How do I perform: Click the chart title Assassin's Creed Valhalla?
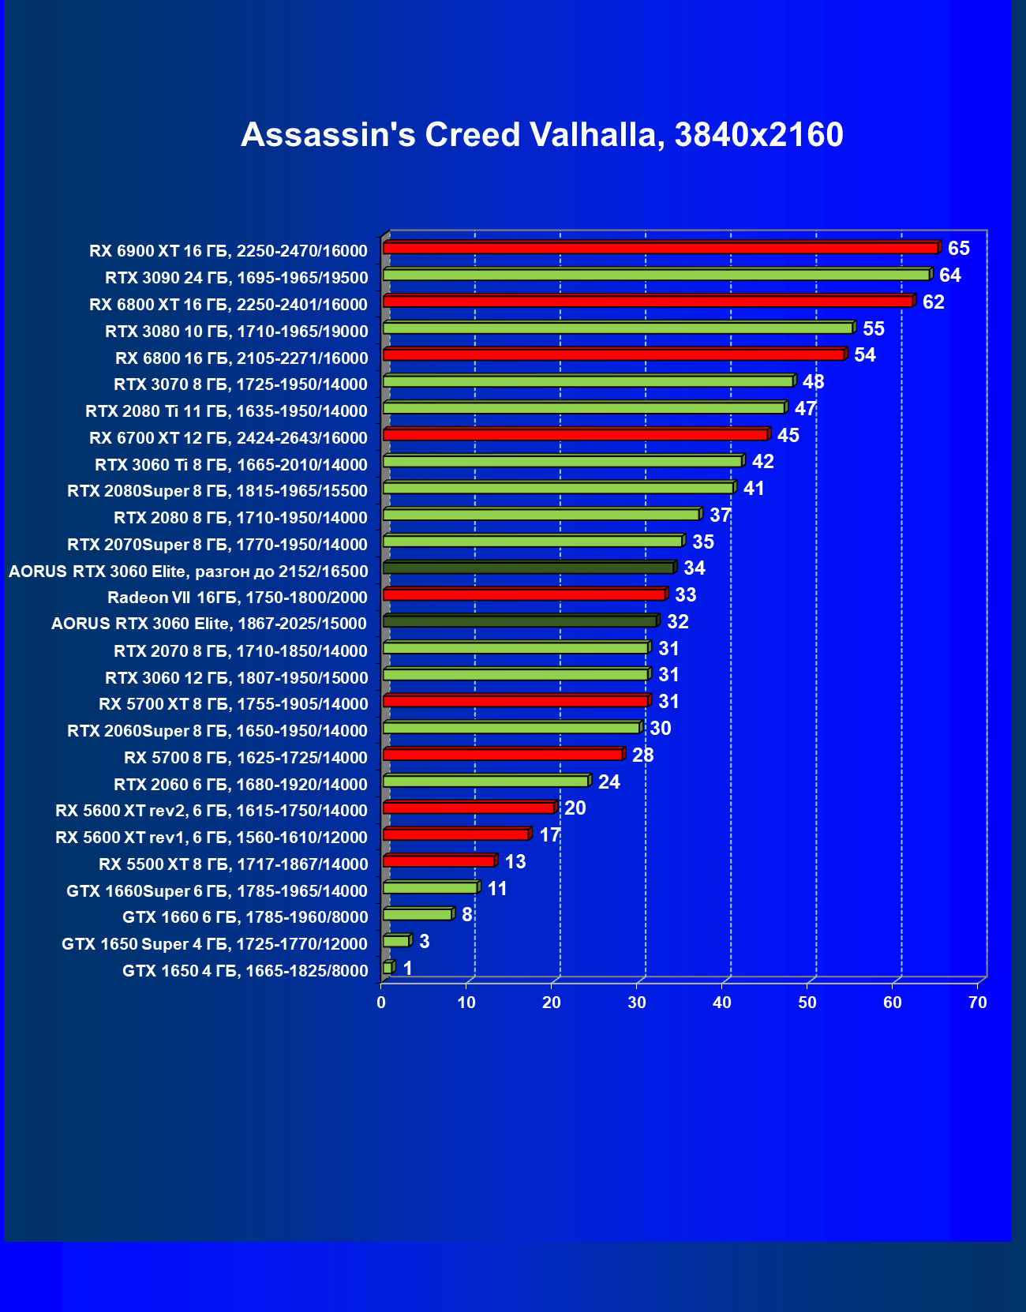(541, 135)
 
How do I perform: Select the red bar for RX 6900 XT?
(660, 249)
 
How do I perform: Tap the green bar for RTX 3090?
(656, 275)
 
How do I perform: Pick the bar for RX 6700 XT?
(575, 435)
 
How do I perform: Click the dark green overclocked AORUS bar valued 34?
(528, 568)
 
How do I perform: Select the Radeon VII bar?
(524, 594)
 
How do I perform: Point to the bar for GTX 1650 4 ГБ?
(388, 968)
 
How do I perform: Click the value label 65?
(958, 249)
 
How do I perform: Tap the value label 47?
(805, 409)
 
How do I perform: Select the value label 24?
(608, 782)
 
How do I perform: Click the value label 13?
(515, 862)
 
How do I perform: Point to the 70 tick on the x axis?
(977, 1003)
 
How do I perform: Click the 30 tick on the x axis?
(637, 1003)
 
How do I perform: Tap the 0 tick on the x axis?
(381, 1003)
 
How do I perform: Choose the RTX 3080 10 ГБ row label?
(237, 332)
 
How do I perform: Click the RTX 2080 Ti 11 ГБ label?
(227, 411)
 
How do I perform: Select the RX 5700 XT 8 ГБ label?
(234, 704)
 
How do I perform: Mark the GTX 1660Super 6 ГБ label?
(217, 891)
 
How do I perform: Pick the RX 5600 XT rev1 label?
(212, 838)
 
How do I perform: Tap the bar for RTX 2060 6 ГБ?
(485, 782)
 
